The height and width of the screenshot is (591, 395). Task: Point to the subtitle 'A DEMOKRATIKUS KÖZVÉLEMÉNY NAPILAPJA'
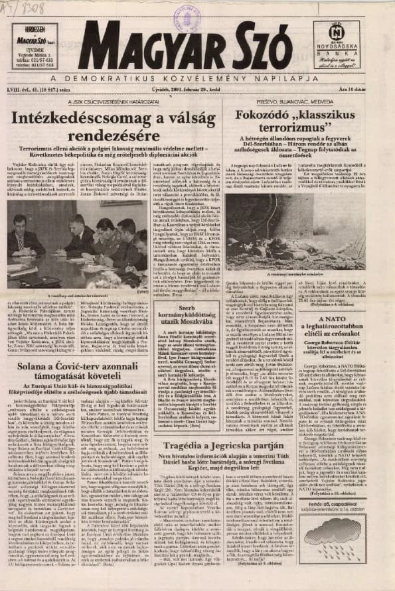click(197, 77)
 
